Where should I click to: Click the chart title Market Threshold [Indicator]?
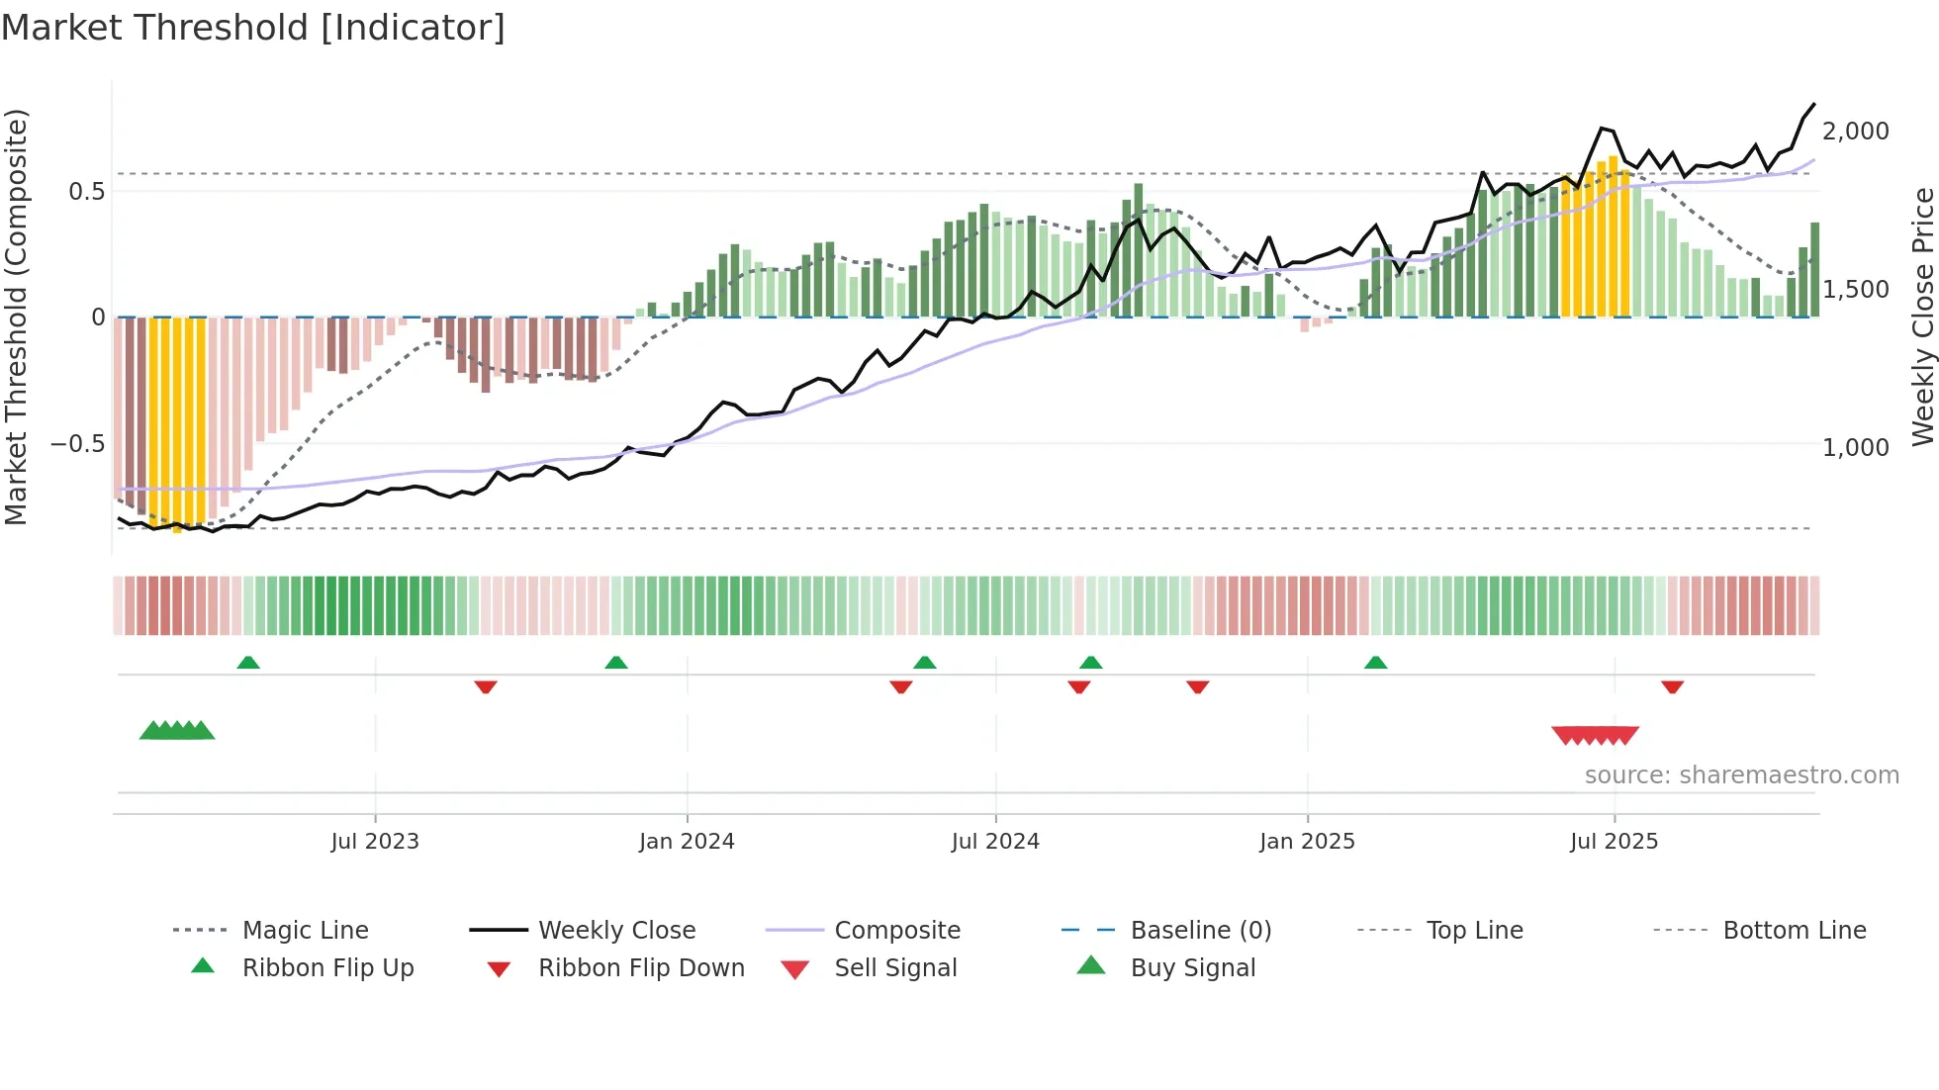(x=253, y=28)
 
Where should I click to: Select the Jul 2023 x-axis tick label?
(x=375, y=842)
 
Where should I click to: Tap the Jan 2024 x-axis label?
(x=687, y=842)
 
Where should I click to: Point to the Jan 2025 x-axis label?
(x=1307, y=842)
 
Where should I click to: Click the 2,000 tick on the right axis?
(x=1856, y=132)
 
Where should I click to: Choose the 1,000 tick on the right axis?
(x=1856, y=448)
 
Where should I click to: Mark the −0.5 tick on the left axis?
(x=78, y=444)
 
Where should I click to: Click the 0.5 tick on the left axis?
(x=87, y=192)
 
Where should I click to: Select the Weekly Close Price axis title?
(x=1922, y=317)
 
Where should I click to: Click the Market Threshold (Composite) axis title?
(x=17, y=317)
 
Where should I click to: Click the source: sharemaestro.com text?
(x=1741, y=775)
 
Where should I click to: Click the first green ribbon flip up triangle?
(x=248, y=663)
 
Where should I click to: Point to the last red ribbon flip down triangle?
(x=1672, y=686)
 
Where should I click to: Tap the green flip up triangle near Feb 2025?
(x=1375, y=663)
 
